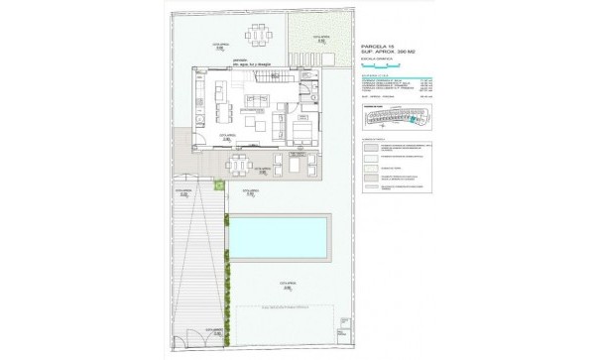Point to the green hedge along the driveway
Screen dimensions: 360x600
[x=226, y=278]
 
